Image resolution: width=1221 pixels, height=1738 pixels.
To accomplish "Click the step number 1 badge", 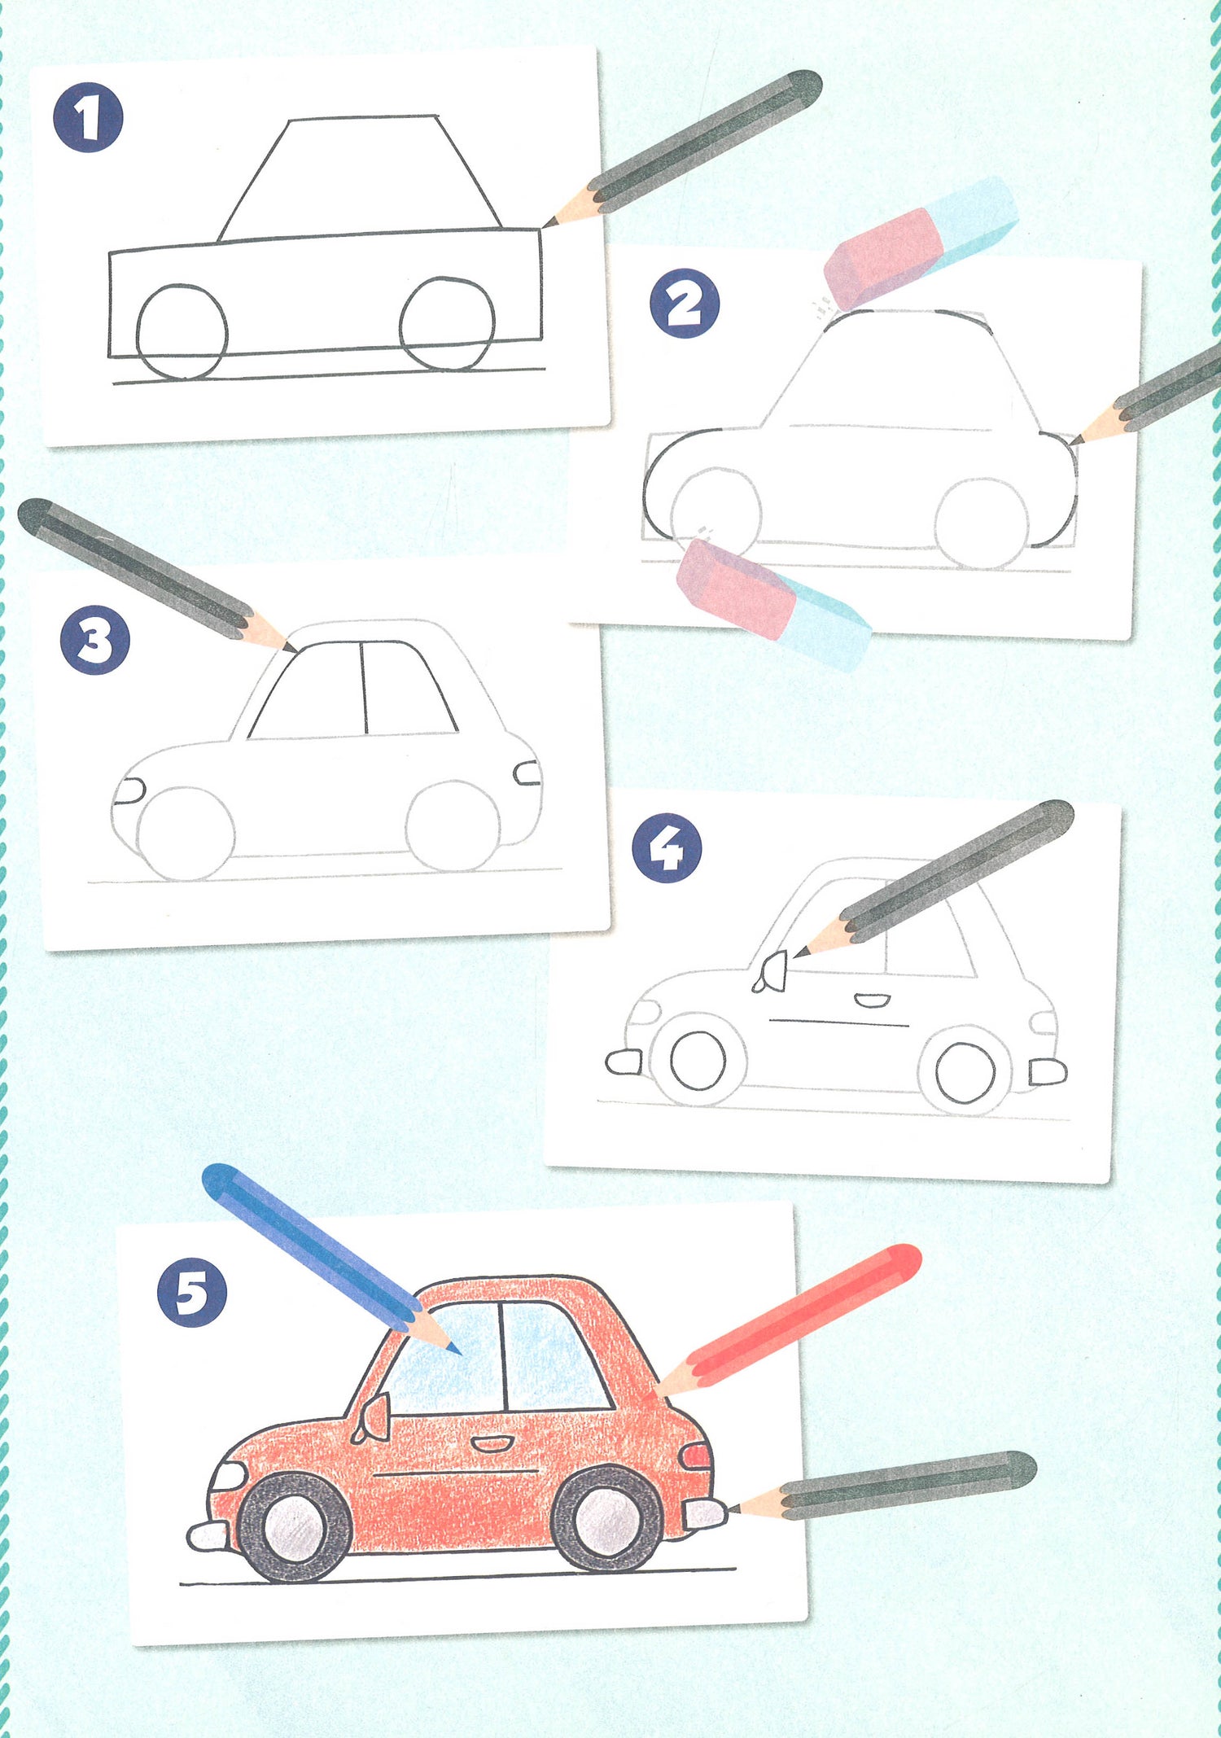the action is (x=88, y=117).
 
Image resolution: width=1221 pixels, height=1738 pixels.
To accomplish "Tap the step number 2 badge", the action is (x=685, y=303).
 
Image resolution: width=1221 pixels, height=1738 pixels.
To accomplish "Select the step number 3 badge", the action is (x=95, y=639).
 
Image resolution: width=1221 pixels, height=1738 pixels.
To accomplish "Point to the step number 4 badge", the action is (x=667, y=847).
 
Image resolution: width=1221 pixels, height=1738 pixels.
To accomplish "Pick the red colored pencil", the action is (x=786, y=1321).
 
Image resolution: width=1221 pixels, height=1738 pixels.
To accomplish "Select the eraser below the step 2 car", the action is (x=773, y=603).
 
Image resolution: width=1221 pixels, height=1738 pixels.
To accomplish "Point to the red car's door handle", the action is (x=492, y=1443).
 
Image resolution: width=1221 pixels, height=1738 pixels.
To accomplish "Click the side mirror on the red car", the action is (x=372, y=1419).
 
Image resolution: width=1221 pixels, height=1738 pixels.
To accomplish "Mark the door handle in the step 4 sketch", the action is (x=872, y=1000).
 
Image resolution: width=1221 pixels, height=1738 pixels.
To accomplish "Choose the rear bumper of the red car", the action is (x=705, y=1513).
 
